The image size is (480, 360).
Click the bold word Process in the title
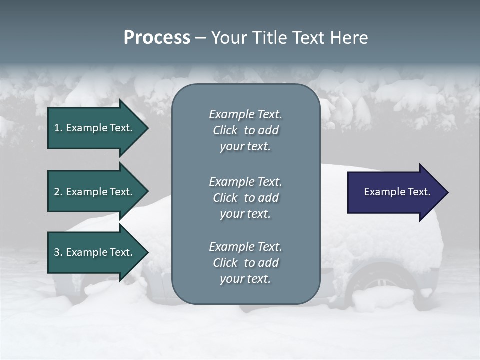click(157, 38)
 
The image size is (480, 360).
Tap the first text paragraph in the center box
click(245, 130)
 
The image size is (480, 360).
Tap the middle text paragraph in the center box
click(245, 198)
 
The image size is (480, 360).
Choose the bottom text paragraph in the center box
click(245, 263)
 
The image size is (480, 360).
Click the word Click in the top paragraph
click(225, 130)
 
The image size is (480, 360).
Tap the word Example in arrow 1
click(86, 128)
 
